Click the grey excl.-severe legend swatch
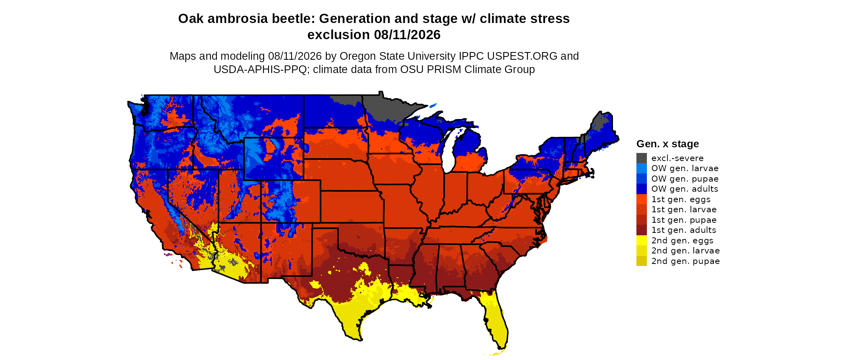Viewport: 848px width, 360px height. click(x=642, y=158)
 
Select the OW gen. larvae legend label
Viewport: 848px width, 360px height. click(x=685, y=168)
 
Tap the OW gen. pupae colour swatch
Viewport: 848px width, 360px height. click(x=642, y=178)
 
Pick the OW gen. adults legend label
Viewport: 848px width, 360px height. click(x=685, y=189)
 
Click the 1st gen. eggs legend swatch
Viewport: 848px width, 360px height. click(x=642, y=199)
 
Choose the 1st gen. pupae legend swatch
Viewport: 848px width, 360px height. click(x=642, y=220)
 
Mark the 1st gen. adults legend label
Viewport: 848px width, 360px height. click(x=684, y=230)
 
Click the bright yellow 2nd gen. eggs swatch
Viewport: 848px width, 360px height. click(x=642, y=240)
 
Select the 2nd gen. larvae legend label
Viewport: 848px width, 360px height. click(x=686, y=251)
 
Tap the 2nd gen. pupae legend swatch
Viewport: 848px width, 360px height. click(x=642, y=261)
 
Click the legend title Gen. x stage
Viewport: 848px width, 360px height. click(x=667, y=144)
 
